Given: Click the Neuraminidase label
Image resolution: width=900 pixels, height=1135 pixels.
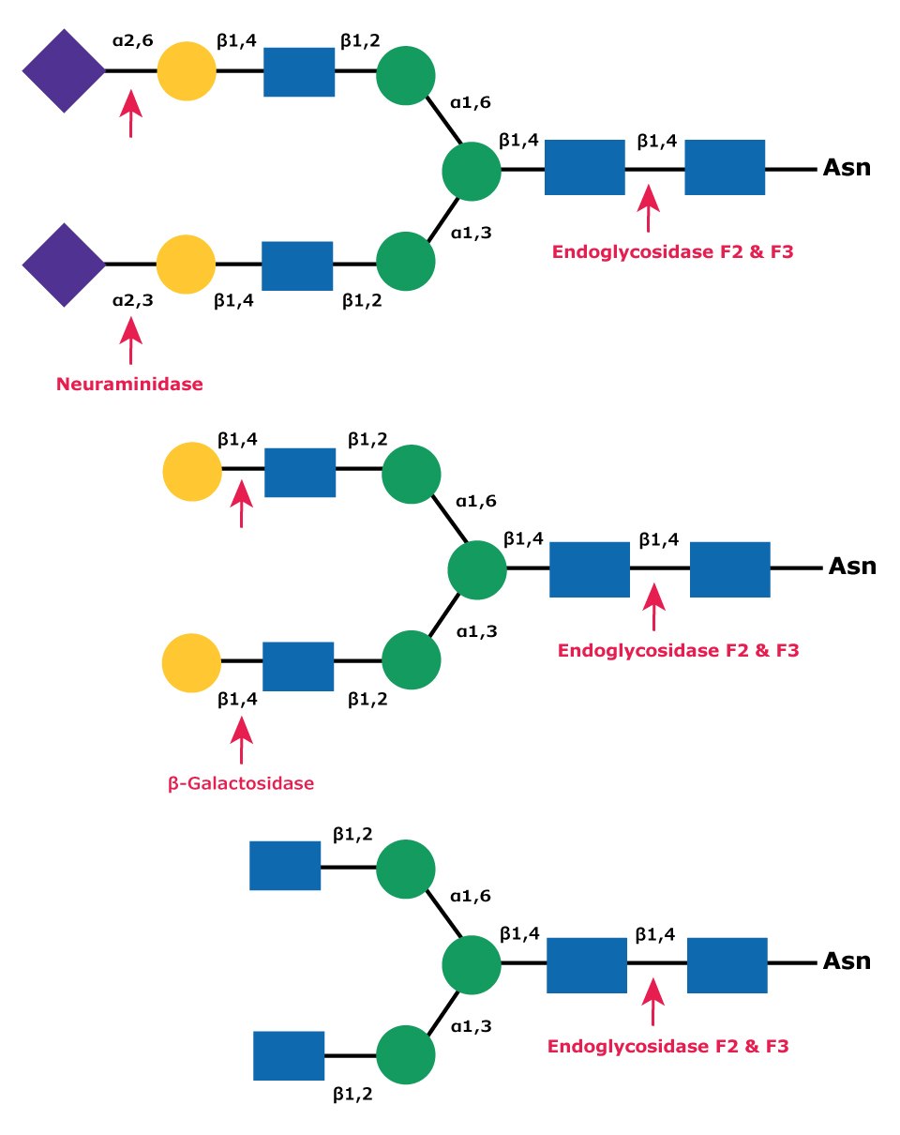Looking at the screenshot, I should pos(129,384).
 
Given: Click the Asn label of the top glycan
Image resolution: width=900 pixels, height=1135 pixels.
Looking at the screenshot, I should pos(847,169).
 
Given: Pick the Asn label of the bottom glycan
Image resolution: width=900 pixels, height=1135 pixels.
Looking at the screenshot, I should pos(847,962).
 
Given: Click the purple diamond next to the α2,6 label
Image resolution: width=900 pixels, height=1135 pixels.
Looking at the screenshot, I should pos(64,71).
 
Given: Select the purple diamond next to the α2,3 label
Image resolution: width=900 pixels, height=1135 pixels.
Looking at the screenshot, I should pos(64,265).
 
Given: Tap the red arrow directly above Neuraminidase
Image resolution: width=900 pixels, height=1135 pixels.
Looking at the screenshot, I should pos(131,340).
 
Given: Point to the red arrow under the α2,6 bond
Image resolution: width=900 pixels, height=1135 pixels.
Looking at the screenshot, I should pos(131,113).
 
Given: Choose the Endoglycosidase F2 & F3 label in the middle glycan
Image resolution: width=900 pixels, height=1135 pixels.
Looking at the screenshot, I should pos(678,650).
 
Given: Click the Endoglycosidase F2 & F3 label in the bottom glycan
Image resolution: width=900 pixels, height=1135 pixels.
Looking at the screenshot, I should pos(668,1046).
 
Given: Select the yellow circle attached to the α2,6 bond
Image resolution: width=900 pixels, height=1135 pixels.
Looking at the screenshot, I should pos(187,71).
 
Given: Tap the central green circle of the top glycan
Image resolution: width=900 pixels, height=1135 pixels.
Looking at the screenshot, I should pos(472,171).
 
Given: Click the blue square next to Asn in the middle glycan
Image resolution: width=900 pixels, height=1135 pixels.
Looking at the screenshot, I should pos(729,569).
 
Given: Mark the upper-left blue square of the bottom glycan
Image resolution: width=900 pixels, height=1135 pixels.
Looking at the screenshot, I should pos(285,866).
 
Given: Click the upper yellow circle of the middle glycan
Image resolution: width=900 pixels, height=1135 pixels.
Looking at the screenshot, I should pos(191,472).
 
